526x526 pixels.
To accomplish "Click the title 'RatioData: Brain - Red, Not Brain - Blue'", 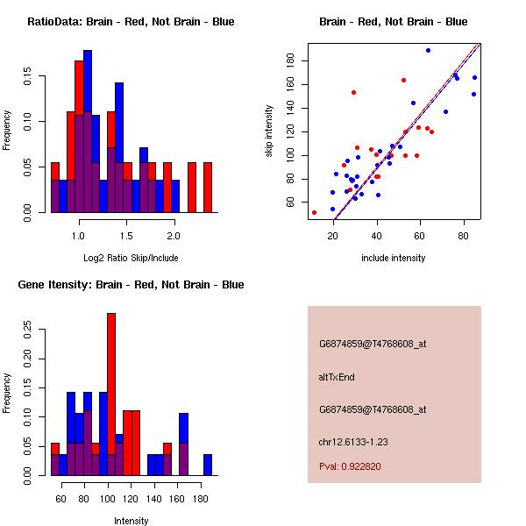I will click(x=131, y=22).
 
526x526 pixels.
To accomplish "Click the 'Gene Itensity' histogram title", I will click(x=131, y=285).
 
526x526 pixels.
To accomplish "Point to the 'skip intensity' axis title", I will click(x=270, y=131).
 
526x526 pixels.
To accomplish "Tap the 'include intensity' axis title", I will click(x=394, y=258).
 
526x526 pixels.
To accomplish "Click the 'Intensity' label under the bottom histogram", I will click(x=131, y=521).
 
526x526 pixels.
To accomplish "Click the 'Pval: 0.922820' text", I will click(x=350, y=467).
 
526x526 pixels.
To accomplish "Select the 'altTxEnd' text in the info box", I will click(x=337, y=377).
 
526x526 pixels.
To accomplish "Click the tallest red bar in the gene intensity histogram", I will click(x=111, y=394).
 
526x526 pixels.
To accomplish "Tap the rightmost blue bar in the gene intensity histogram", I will click(x=208, y=465).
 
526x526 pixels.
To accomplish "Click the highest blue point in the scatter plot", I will click(x=428, y=50).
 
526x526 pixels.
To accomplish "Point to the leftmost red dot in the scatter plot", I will click(x=314, y=212).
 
